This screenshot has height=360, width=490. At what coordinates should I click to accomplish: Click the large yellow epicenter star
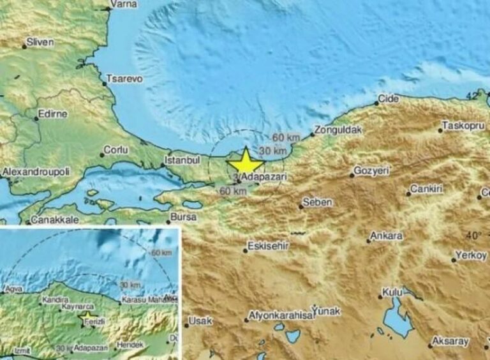[246, 160]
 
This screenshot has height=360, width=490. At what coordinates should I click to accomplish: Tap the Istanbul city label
[183, 160]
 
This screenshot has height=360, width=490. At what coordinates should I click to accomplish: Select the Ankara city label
[388, 236]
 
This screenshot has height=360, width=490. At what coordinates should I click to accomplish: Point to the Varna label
[119, 4]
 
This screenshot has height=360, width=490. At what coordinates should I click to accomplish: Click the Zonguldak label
[339, 130]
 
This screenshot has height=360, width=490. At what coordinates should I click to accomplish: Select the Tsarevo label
[124, 79]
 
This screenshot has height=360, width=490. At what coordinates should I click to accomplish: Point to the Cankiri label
[426, 189]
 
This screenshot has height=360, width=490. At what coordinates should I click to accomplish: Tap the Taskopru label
[464, 126]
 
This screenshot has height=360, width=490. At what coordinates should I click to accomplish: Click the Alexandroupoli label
[34, 172]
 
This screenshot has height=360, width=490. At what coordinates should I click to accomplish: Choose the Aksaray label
[450, 341]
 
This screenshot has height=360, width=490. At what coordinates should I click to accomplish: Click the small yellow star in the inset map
[86, 315]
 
